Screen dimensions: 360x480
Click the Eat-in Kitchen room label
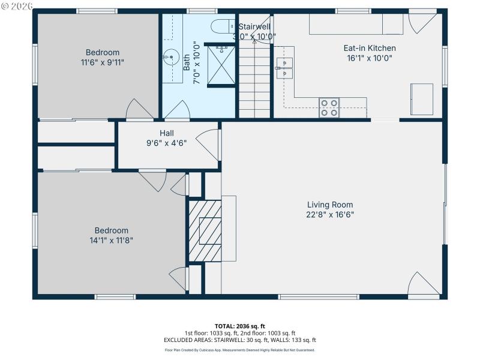click(x=369, y=48)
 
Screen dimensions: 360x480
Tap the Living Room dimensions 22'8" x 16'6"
click(x=330, y=215)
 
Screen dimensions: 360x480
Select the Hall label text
click(x=167, y=133)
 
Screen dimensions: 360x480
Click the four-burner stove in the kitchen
click(x=329, y=107)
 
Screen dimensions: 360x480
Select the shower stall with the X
click(x=220, y=66)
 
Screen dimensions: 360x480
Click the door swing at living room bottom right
click(x=421, y=284)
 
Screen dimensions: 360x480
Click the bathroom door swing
click(x=178, y=110)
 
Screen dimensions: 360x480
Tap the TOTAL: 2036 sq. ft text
click(x=239, y=326)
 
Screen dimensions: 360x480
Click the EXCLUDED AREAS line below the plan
click(x=239, y=340)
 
